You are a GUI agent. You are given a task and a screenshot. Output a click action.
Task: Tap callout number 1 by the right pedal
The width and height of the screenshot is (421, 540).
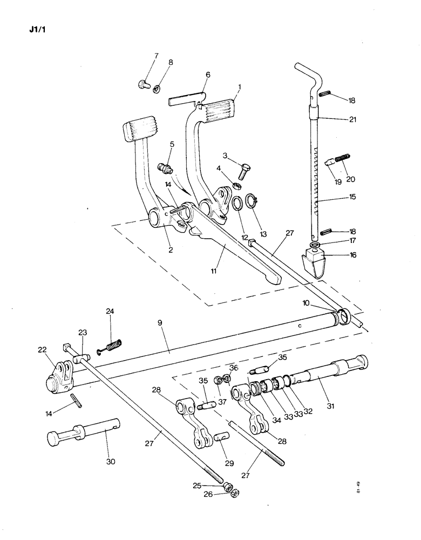239,87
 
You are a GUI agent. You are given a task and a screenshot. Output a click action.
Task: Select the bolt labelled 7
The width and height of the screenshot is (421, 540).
143,84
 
